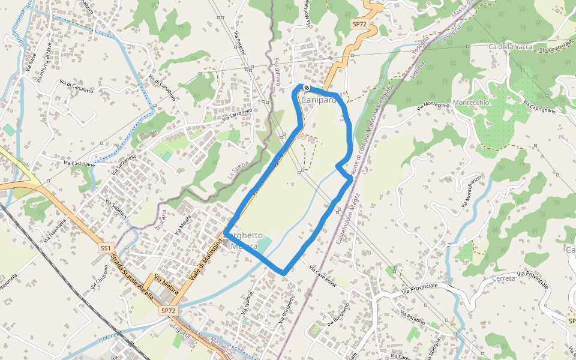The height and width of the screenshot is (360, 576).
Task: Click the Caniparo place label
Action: click(319, 100)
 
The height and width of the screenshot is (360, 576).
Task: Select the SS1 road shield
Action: click(106, 248)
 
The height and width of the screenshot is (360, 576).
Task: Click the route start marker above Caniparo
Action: click(307, 88)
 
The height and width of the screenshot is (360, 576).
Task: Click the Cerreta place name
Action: click(503, 278)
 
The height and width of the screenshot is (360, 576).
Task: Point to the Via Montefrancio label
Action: click(472, 191)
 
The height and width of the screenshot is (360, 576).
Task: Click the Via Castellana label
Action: click(79, 164)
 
